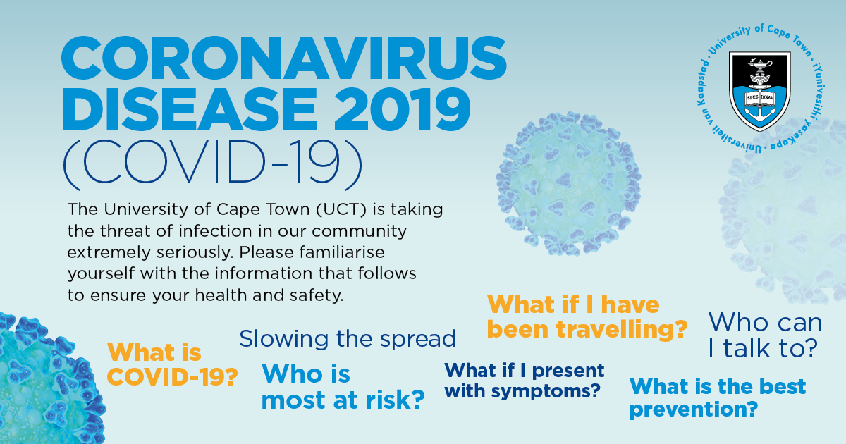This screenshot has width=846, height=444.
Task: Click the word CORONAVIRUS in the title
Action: (283, 58)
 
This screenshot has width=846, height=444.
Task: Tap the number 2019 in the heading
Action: (403, 109)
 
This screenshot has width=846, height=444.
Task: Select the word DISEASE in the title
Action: (189, 109)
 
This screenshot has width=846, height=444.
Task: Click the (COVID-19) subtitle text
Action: (213, 165)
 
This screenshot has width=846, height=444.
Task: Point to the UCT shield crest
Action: (759, 92)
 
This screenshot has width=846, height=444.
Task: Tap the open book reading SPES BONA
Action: (759, 98)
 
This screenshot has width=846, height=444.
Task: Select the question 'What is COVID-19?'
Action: (172, 364)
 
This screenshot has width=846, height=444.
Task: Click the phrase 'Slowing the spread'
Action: (348, 339)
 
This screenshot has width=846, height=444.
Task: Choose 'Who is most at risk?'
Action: (343, 387)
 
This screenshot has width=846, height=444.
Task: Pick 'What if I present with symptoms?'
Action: (525, 381)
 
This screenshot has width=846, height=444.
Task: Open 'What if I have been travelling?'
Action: (587, 316)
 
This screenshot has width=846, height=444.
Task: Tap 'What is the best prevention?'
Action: (718, 398)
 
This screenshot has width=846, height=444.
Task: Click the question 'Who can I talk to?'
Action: (765, 335)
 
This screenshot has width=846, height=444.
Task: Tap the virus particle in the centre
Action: (569, 183)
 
